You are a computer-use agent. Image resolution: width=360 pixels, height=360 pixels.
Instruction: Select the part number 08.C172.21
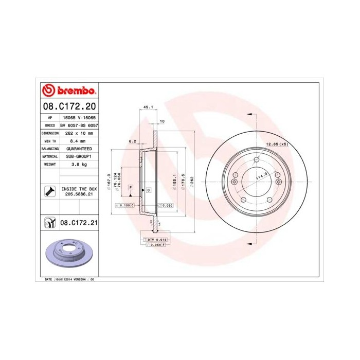79,223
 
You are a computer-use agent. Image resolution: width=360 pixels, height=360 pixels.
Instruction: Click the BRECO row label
50,125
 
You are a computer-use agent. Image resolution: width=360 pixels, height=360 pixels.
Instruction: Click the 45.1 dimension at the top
148,107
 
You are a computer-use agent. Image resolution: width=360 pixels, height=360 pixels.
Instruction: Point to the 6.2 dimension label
132,141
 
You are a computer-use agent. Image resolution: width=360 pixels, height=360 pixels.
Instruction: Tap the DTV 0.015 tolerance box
156,240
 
